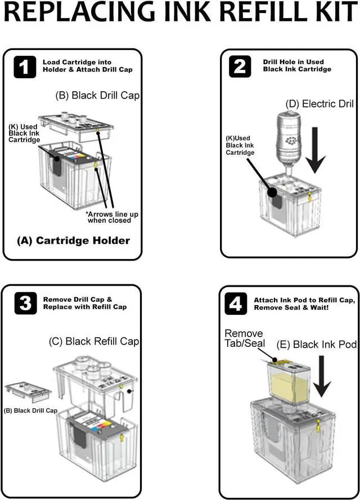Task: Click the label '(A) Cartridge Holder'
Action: pyautogui.click(x=73, y=240)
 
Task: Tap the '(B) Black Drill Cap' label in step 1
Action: pyautogui.click(x=97, y=96)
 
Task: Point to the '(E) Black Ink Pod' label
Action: pyautogui.click(x=316, y=344)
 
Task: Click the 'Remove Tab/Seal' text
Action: pyautogui.click(x=244, y=339)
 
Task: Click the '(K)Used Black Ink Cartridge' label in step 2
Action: pyautogui.click(x=240, y=146)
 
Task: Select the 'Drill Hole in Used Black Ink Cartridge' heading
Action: pyautogui.click(x=298, y=65)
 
